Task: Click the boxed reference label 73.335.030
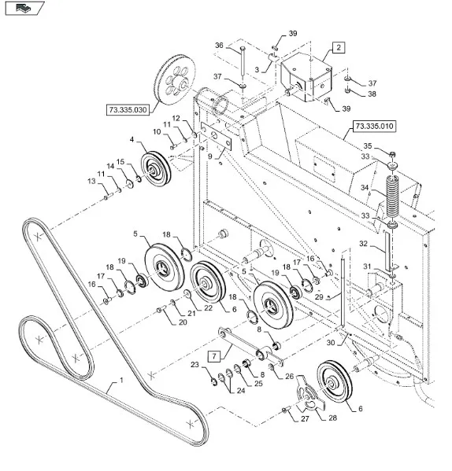tap(128, 109)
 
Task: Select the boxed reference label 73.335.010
tap(374, 126)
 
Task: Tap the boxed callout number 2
tap(339, 47)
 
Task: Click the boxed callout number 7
tap(214, 356)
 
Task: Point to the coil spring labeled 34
tap(392, 197)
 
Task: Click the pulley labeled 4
tap(156, 169)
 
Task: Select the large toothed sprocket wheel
tap(175, 80)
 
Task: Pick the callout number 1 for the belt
tap(121, 381)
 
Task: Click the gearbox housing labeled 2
tap(306, 78)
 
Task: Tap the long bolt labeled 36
tap(243, 61)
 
